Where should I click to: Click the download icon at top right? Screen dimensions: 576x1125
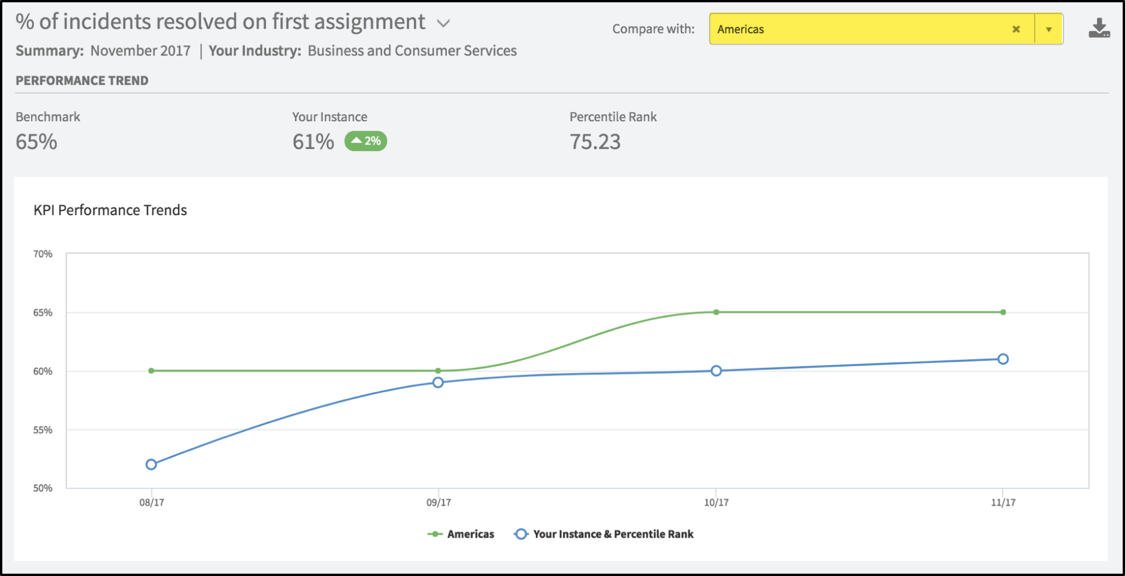point(1099,28)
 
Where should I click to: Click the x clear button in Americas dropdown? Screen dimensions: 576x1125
point(1016,29)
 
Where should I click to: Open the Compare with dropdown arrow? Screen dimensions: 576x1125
point(1049,29)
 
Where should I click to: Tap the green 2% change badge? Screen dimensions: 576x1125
point(366,141)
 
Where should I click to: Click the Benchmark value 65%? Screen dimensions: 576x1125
point(36,142)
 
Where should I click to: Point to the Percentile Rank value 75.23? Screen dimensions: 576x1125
point(595,142)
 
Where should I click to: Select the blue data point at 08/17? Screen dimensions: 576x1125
point(151,465)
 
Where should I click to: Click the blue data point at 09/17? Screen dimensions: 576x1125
point(438,383)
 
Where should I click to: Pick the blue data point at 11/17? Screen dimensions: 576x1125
point(1003,359)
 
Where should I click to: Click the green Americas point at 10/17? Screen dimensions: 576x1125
point(716,312)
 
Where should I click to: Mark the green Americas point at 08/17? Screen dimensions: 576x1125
point(151,371)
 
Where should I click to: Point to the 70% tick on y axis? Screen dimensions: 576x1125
point(43,254)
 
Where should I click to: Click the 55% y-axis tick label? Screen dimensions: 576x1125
point(43,430)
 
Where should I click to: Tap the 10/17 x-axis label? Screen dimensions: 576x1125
point(716,503)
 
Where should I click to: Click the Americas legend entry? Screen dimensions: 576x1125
point(462,534)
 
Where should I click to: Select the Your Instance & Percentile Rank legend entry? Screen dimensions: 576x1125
point(604,534)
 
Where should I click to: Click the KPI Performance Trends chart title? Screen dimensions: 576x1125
point(110,210)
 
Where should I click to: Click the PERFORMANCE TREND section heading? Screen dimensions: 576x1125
point(82,81)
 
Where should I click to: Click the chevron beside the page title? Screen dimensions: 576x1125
point(444,23)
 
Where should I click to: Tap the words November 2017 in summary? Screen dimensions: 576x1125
point(141,51)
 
